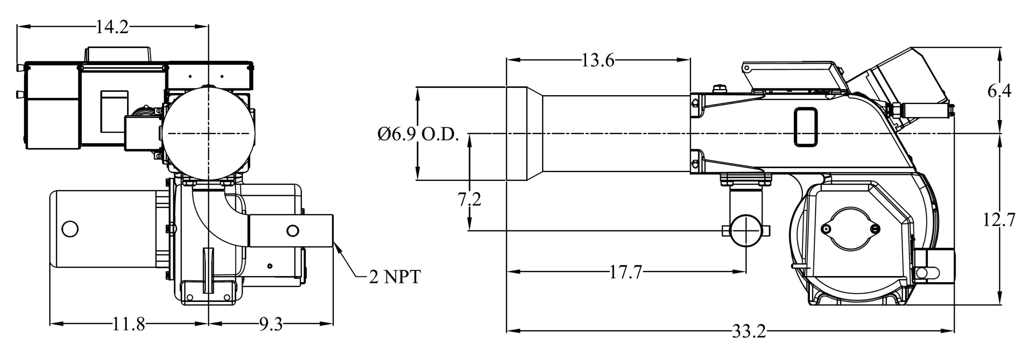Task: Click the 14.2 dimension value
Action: [112, 27]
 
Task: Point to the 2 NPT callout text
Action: [394, 277]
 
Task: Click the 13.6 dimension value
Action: [598, 61]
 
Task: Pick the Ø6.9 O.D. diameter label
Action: [418, 135]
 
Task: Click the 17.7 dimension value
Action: [626, 273]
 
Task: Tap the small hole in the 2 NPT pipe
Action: [293, 230]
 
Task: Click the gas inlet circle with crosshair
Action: [745, 230]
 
